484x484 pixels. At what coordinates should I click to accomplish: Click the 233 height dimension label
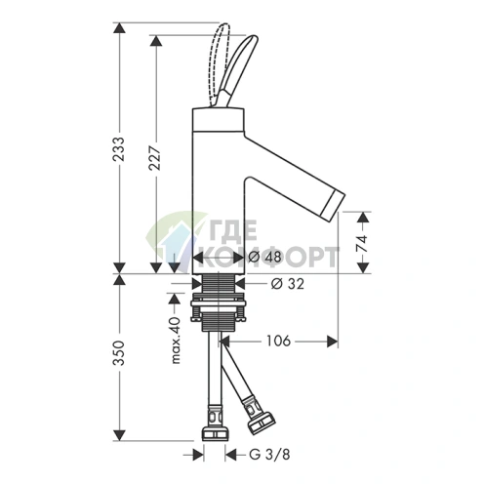118,149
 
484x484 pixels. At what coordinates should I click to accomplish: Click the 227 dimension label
155,158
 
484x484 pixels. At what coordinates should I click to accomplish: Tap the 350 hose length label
119,352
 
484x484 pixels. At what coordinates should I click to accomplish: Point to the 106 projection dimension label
278,341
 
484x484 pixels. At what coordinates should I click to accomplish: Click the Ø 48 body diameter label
264,258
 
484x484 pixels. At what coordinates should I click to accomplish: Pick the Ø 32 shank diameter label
288,284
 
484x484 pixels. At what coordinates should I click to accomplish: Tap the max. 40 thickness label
176,341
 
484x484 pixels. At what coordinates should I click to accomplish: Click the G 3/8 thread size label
269,455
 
